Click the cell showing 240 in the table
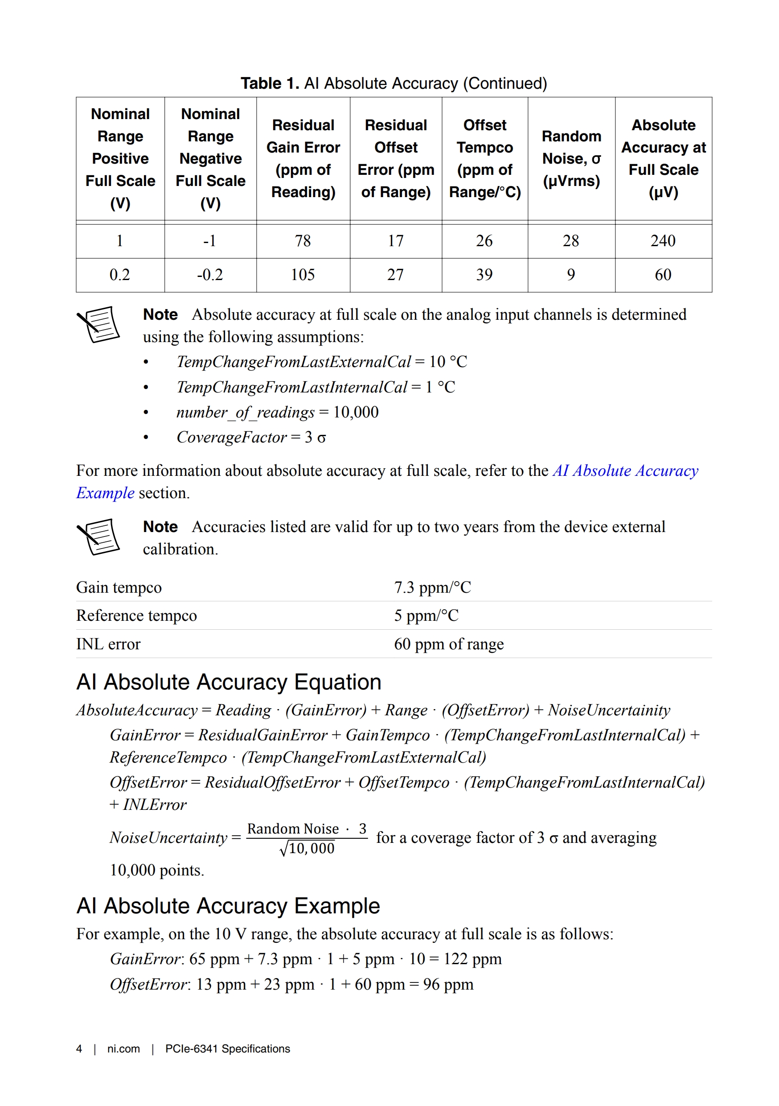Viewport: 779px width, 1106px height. [x=663, y=240]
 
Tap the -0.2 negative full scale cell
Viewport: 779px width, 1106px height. [x=210, y=275]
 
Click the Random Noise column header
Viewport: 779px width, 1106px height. [x=571, y=158]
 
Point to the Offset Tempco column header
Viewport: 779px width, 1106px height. [x=484, y=158]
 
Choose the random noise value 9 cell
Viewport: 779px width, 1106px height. [x=570, y=275]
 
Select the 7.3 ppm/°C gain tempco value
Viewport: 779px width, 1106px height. [x=432, y=587]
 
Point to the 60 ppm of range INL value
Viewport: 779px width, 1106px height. [x=448, y=644]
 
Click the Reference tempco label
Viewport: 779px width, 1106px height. [x=136, y=615]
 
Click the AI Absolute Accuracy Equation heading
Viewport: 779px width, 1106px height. [x=229, y=682]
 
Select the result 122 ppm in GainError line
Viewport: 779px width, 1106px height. [x=472, y=959]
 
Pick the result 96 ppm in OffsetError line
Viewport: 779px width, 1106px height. [x=448, y=984]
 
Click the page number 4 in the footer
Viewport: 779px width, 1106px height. [x=79, y=1048]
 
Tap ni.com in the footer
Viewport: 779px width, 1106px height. [x=123, y=1048]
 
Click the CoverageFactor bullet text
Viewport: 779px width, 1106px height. [x=251, y=437]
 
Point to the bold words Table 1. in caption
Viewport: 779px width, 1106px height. [x=270, y=83]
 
